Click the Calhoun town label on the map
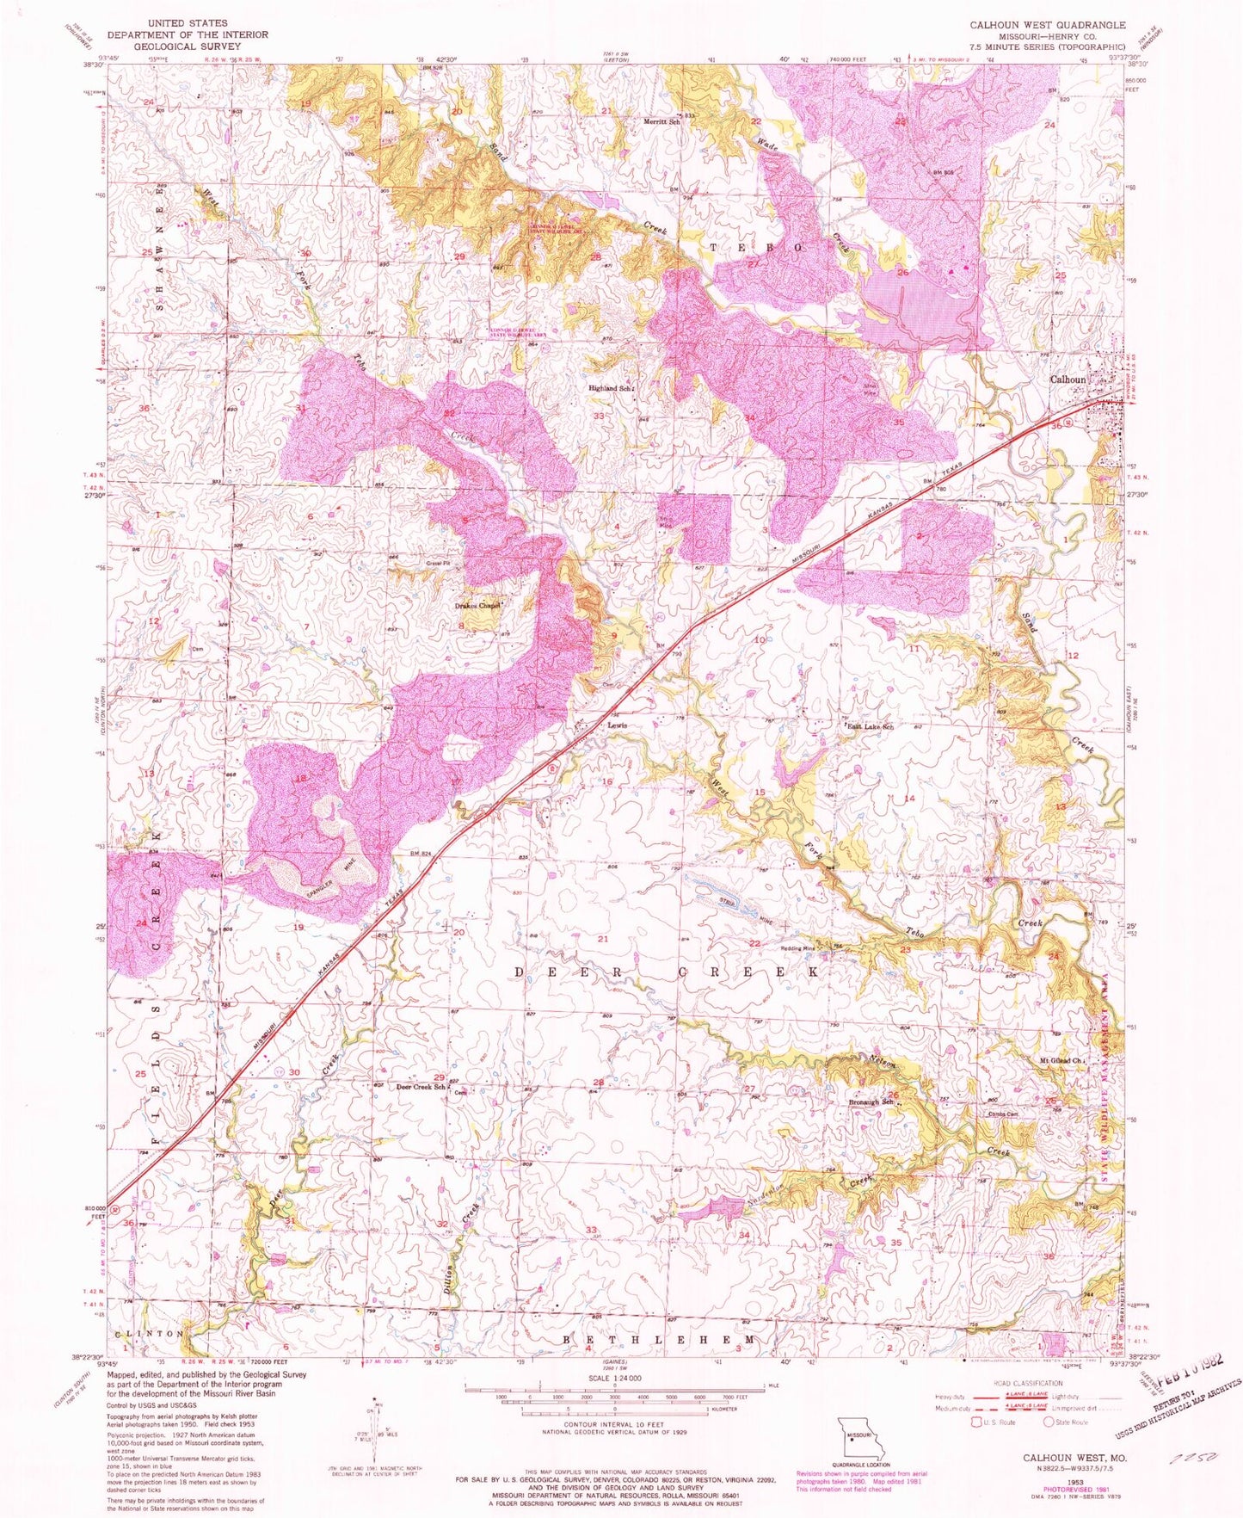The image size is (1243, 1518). tap(1068, 379)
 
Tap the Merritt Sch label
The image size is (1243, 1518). tap(662, 121)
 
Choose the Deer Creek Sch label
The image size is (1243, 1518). tap(420, 1086)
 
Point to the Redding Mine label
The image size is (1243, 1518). tap(797, 948)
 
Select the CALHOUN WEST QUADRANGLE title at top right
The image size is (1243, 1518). tap(1047, 26)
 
